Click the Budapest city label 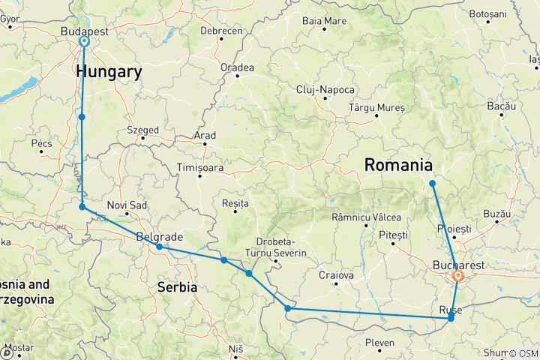click(x=84, y=32)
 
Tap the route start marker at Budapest click(x=84, y=42)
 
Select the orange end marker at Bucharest click(x=457, y=276)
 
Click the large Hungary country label click(x=109, y=72)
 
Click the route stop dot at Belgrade click(x=160, y=247)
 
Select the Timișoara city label click(x=200, y=167)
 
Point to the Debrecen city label click(x=221, y=31)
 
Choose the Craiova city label click(x=336, y=275)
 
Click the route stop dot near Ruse click(x=451, y=319)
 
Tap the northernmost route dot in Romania click(x=433, y=184)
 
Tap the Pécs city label click(x=41, y=142)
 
